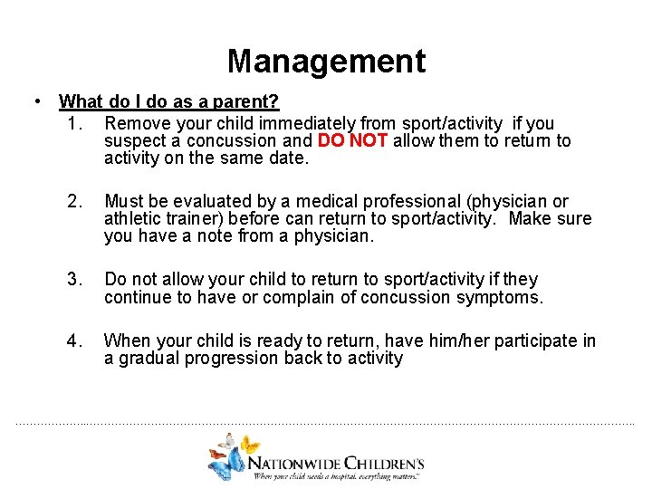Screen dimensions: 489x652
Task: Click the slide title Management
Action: (326, 62)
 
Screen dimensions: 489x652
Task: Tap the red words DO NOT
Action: (353, 141)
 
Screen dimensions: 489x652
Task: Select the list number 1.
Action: (74, 123)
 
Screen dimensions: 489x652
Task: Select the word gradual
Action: (148, 359)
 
